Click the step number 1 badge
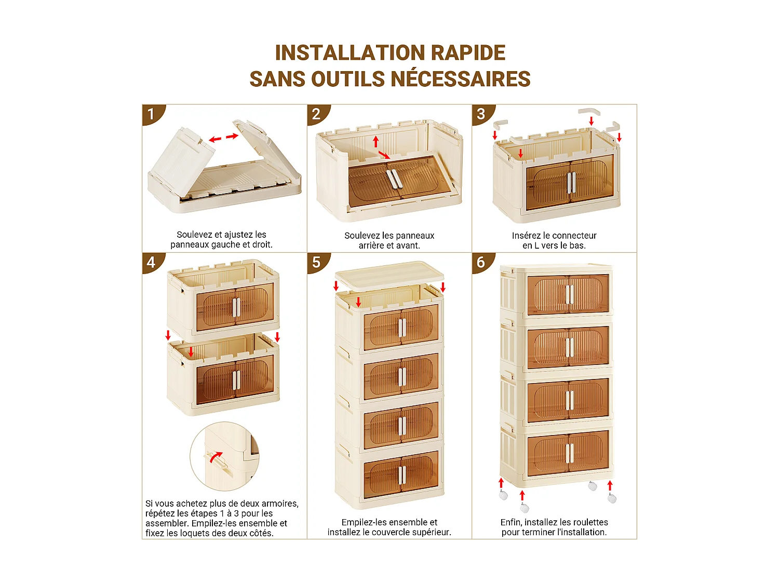(x=152, y=114)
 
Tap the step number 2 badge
(x=317, y=114)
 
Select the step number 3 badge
(x=481, y=114)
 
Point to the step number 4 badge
(x=152, y=263)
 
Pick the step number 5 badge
(x=317, y=263)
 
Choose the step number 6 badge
(x=481, y=263)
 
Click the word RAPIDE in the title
(x=468, y=53)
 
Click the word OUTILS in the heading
(x=348, y=79)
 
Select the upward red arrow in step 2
(x=376, y=142)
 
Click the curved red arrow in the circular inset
(x=216, y=457)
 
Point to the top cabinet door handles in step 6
(x=569, y=294)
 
